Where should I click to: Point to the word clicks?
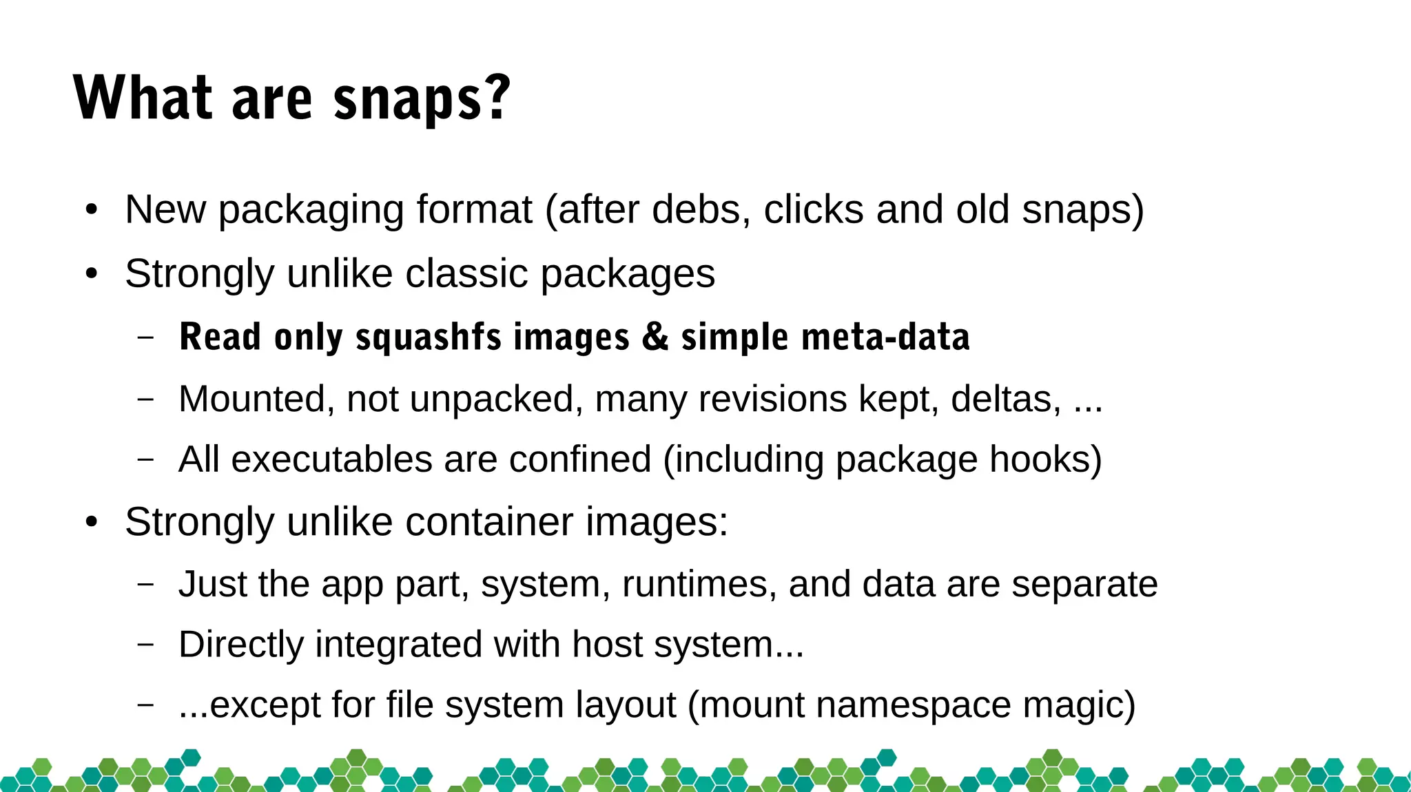[813, 209]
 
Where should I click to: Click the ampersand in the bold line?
[655, 337]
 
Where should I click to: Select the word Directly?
[241, 645]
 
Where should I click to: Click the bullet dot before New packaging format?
[92, 209]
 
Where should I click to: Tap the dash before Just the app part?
[146, 584]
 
